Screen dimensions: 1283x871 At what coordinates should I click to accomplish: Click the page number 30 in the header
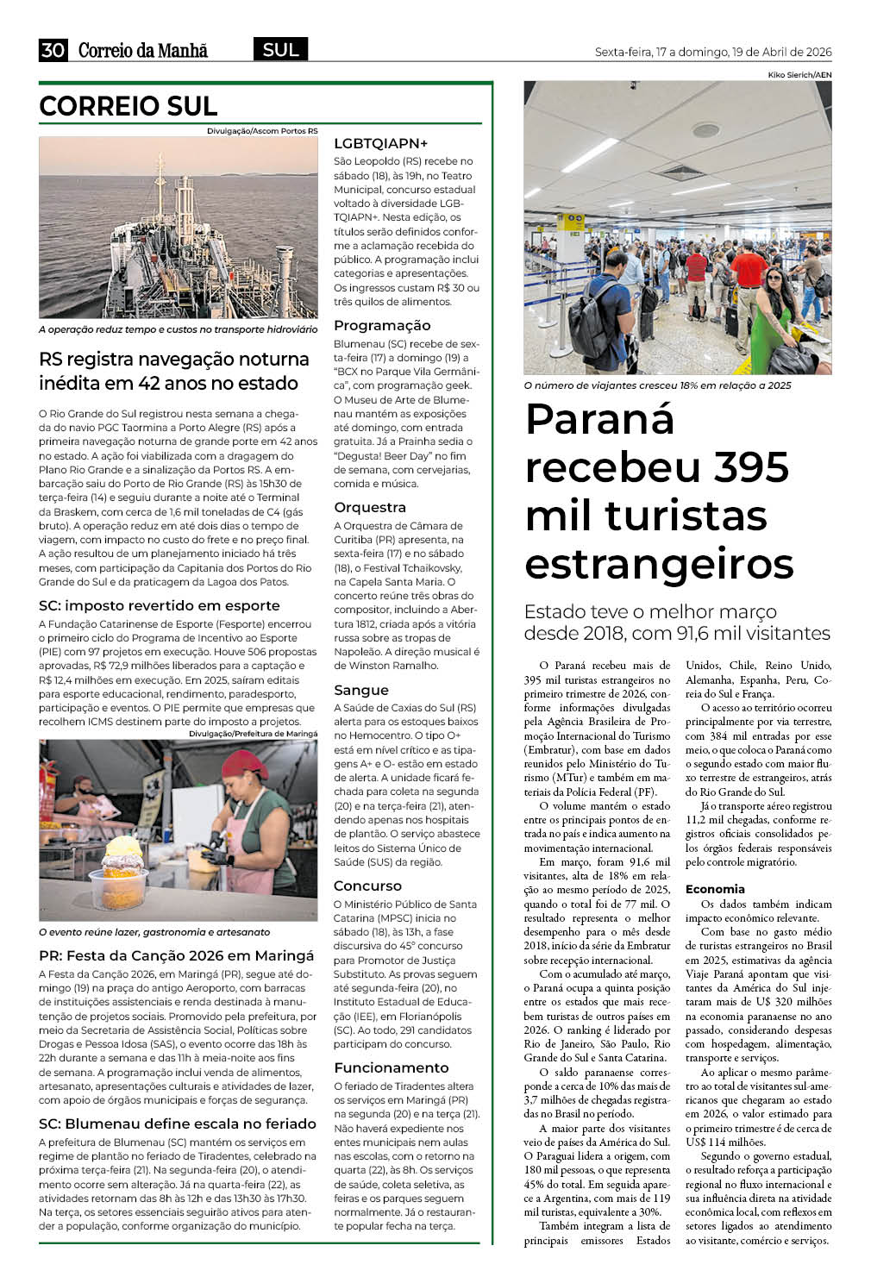(53, 50)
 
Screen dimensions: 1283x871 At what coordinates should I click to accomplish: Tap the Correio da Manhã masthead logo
(143, 50)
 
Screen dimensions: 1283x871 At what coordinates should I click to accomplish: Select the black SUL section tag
(280, 49)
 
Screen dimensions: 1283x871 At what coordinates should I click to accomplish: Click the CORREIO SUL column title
(128, 106)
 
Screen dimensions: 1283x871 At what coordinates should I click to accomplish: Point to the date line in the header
(713, 52)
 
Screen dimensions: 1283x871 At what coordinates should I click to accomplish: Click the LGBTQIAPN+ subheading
(380, 143)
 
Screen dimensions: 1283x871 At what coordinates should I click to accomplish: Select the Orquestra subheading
(369, 507)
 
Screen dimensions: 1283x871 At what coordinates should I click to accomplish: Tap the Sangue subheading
(361, 690)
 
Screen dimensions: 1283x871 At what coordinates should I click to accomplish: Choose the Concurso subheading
(367, 886)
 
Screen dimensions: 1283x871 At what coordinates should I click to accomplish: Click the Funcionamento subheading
(391, 1067)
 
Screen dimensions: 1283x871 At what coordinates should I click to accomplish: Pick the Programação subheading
(382, 325)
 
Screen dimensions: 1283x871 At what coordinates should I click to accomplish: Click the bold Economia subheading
(715, 889)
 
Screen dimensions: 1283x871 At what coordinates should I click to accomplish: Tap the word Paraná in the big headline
(599, 420)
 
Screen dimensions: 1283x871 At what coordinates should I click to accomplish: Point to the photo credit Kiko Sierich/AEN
(799, 75)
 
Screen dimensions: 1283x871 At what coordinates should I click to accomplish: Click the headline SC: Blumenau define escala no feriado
(178, 1123)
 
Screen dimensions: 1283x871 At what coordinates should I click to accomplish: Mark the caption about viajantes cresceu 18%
(657, 385)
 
